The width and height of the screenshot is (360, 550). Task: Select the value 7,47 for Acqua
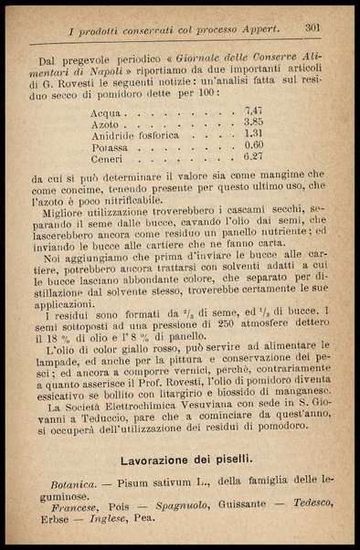(x=254, y=110)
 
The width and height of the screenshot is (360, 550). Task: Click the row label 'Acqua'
(x=109, y=111)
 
